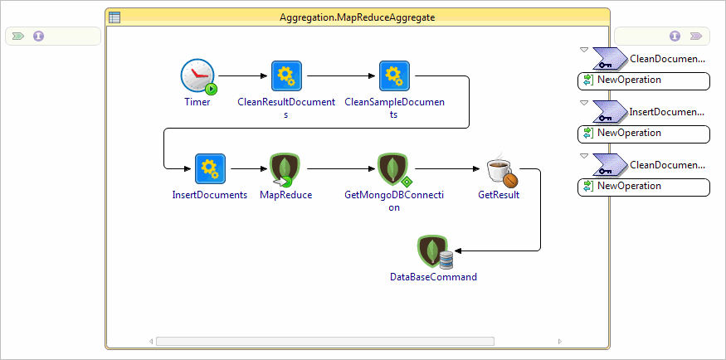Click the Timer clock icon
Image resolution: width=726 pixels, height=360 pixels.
[x=197, y=76]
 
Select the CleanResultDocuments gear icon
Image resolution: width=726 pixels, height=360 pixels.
[x=285, y=76]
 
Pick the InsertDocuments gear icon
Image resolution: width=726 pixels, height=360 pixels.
[x=209, y=169]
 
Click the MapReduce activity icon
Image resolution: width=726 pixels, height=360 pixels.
[x=285, y=169]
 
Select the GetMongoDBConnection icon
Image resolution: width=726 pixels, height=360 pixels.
[x=393, y=169]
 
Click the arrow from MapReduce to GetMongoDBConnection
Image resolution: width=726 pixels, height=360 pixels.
[x=340, y=169]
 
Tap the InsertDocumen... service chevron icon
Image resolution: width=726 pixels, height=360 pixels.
[x=610, y=111]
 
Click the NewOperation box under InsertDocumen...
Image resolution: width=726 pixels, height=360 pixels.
[x=644, y=134]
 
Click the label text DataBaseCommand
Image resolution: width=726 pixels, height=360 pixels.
[x=433, y=277]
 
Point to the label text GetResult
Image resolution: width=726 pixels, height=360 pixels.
[x=499, y=196]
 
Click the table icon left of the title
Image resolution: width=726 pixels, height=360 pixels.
[x=115, y=17]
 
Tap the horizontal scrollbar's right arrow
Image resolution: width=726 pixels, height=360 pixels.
[x=559, y=341]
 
